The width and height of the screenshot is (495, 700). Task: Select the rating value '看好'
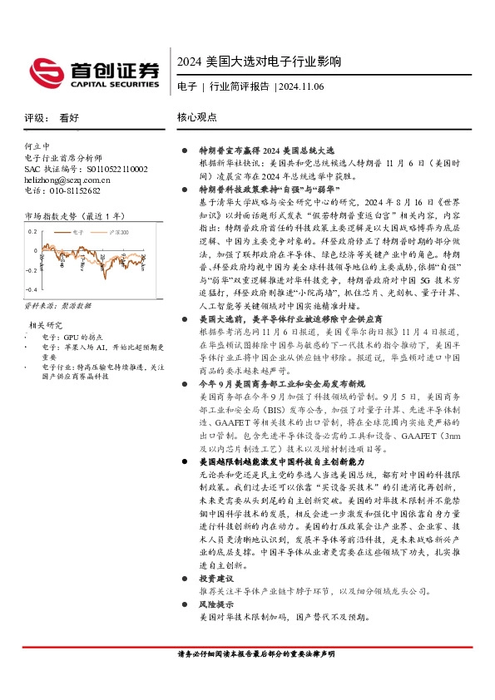tap(69, 118)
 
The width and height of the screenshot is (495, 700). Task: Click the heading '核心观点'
tap(197, 118)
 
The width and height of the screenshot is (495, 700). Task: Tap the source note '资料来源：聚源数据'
tap(57, 306)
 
